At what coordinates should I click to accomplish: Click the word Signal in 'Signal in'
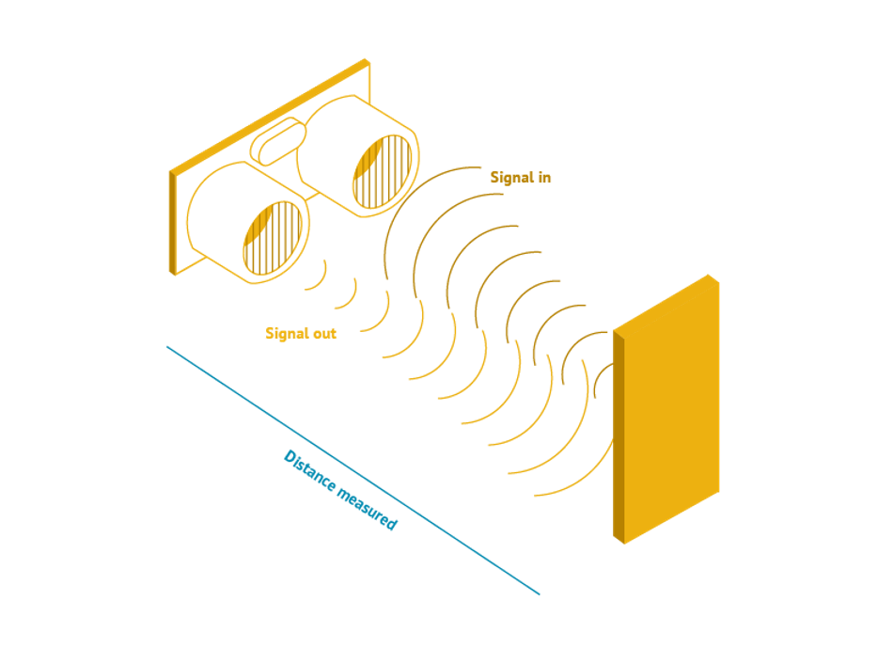click(511, 178)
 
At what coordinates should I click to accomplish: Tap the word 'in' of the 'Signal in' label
click(544, 178)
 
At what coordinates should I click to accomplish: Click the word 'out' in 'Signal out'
click(324, 333)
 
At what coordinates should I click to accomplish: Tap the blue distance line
click(353, 471)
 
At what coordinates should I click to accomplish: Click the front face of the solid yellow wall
click(672, 409)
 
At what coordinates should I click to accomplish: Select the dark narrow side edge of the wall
click(619, 435)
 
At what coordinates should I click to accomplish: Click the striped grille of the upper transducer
click(383, 171)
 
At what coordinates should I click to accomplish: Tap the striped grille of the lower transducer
click(273, 238)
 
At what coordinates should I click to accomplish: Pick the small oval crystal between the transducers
click(278, 141)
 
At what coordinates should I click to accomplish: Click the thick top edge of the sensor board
click(270, 116)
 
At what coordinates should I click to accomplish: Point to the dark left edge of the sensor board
click(173, 223)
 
